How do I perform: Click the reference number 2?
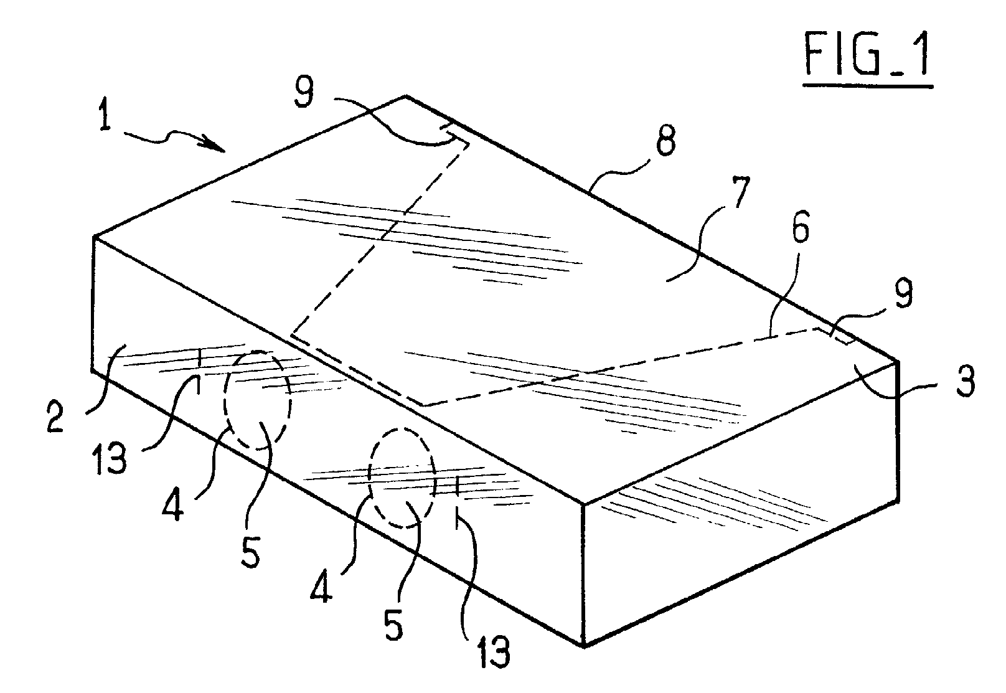57,415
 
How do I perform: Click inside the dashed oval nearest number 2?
257,398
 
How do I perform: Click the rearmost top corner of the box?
406,97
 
